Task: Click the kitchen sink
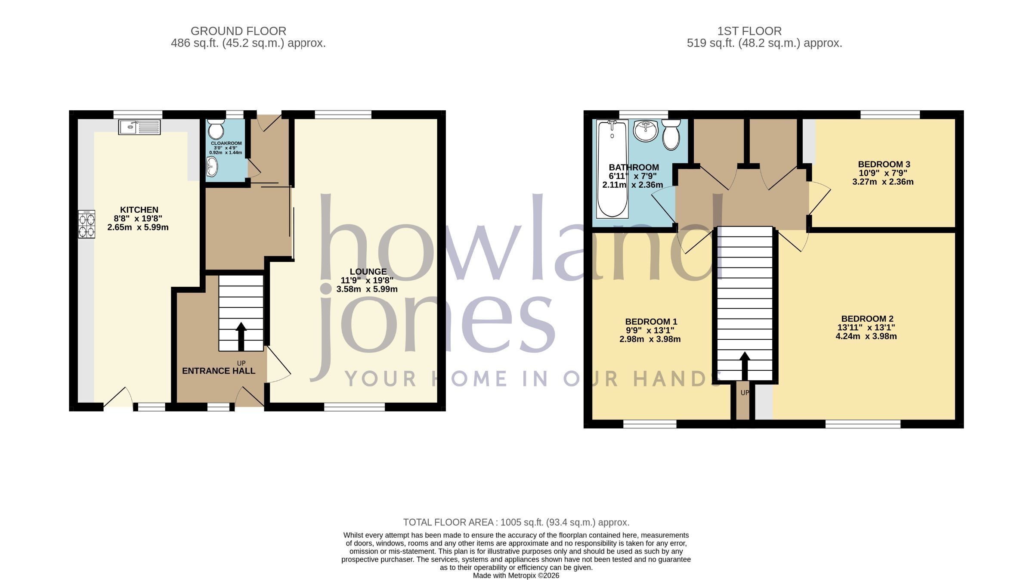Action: click(x=139, y=127)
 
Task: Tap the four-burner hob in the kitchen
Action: click(x=87, y=224)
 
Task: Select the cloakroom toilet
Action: click(x=216, y=128)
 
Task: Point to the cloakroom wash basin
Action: click(x=211, y=166)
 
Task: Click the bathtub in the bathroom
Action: click(x=612, y=169)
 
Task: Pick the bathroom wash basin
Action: click(x=646, y=130)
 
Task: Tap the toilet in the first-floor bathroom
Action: click(x=671, y=134)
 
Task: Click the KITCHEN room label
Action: click(x=139, y=210)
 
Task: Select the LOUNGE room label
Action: click(x=368, y=272)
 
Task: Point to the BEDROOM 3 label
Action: click(x=884, y=164)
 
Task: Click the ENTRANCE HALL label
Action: click(x=219, y=371)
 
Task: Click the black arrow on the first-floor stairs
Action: click(x=745, y=366)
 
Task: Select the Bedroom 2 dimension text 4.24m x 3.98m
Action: click(x=866, y=336)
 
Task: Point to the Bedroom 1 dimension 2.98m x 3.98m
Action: click(x=650, y=339)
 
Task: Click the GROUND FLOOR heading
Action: click(x=238, y=31)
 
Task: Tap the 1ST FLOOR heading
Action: click(x=749, y=31)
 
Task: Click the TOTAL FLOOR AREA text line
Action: click(x=516, y=522)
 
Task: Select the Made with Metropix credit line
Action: click(x=516, y=576)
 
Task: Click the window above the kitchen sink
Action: click(x=138, y=115)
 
